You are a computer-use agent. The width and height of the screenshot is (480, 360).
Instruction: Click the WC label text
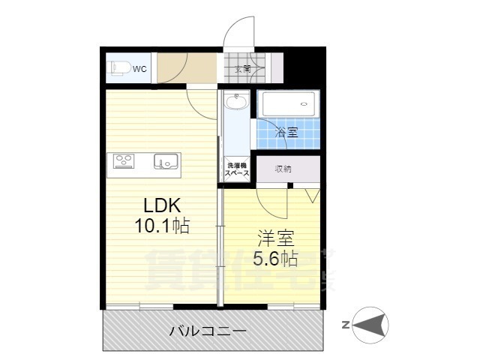[x=140, y=69]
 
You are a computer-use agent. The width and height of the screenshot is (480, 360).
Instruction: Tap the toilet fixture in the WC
[x=118, y=68]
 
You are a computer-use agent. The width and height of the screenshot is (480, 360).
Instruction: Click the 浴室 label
[x=285, y=133]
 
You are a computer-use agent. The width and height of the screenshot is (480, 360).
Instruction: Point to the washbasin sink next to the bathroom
[x=236, y=100]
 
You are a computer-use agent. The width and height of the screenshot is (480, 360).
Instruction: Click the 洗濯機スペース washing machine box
[x=236, y=169]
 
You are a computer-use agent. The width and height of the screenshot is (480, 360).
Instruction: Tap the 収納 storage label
[x=283, y=169]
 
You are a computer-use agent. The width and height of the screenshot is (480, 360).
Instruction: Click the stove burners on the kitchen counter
[x=124, y=160]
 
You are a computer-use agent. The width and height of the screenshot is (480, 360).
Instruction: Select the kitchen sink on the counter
[x=166, y=160]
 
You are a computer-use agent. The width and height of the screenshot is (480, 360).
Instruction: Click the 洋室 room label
[x=276, y=239]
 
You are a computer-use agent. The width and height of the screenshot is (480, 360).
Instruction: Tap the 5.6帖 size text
[x=276, y=259]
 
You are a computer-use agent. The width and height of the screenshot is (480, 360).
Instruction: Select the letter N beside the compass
[x=344, y=325]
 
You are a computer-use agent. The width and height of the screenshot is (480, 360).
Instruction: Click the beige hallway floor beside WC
[x=184, y=69]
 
